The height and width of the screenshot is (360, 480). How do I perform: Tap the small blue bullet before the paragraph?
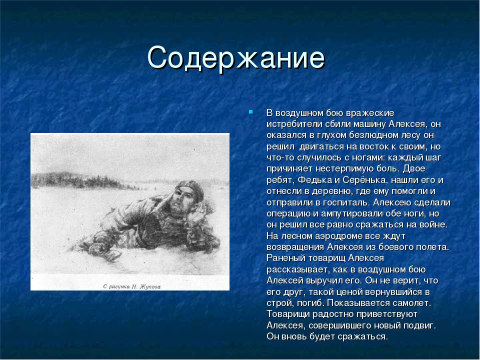coord(250,112)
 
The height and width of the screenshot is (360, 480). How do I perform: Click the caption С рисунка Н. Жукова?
coord(131,286)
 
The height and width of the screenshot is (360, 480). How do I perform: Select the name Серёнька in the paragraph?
coord(360,180)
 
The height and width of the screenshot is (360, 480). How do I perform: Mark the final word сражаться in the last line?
coord(363,336)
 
